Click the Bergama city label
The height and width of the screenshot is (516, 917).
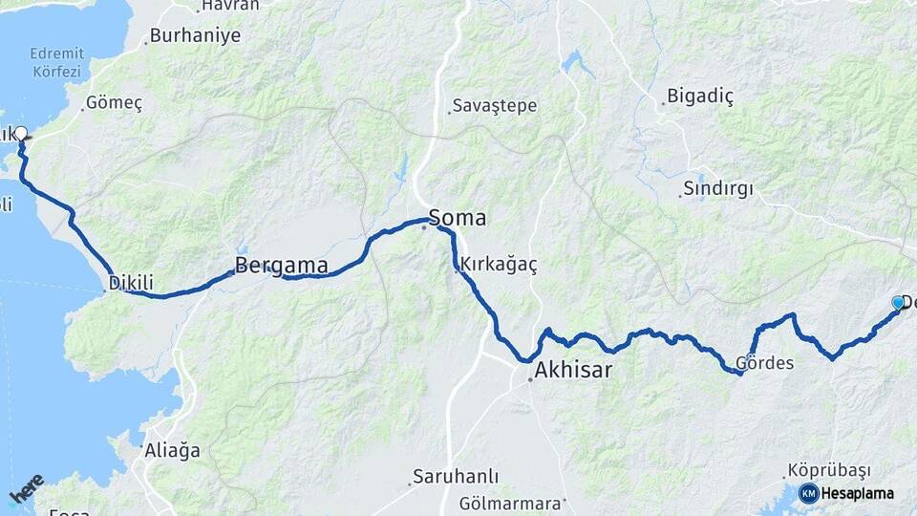[281, 266]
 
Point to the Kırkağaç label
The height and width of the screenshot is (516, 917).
[498, 265]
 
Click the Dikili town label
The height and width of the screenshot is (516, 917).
[131, 283]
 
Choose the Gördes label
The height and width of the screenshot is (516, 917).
[764, 363]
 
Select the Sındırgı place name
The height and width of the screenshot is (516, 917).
[717, 189]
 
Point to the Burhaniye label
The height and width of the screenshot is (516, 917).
[195, 37]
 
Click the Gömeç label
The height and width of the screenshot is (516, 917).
[114, 103]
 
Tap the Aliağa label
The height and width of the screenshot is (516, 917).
[172, 449]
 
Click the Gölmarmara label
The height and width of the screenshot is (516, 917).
[507, 503]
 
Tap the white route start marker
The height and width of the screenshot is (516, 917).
[20, 133]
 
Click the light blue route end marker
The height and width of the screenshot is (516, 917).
[897, 303]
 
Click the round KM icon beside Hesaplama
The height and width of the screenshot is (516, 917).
[809, 493]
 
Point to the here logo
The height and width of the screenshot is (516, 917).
[26, 487]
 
